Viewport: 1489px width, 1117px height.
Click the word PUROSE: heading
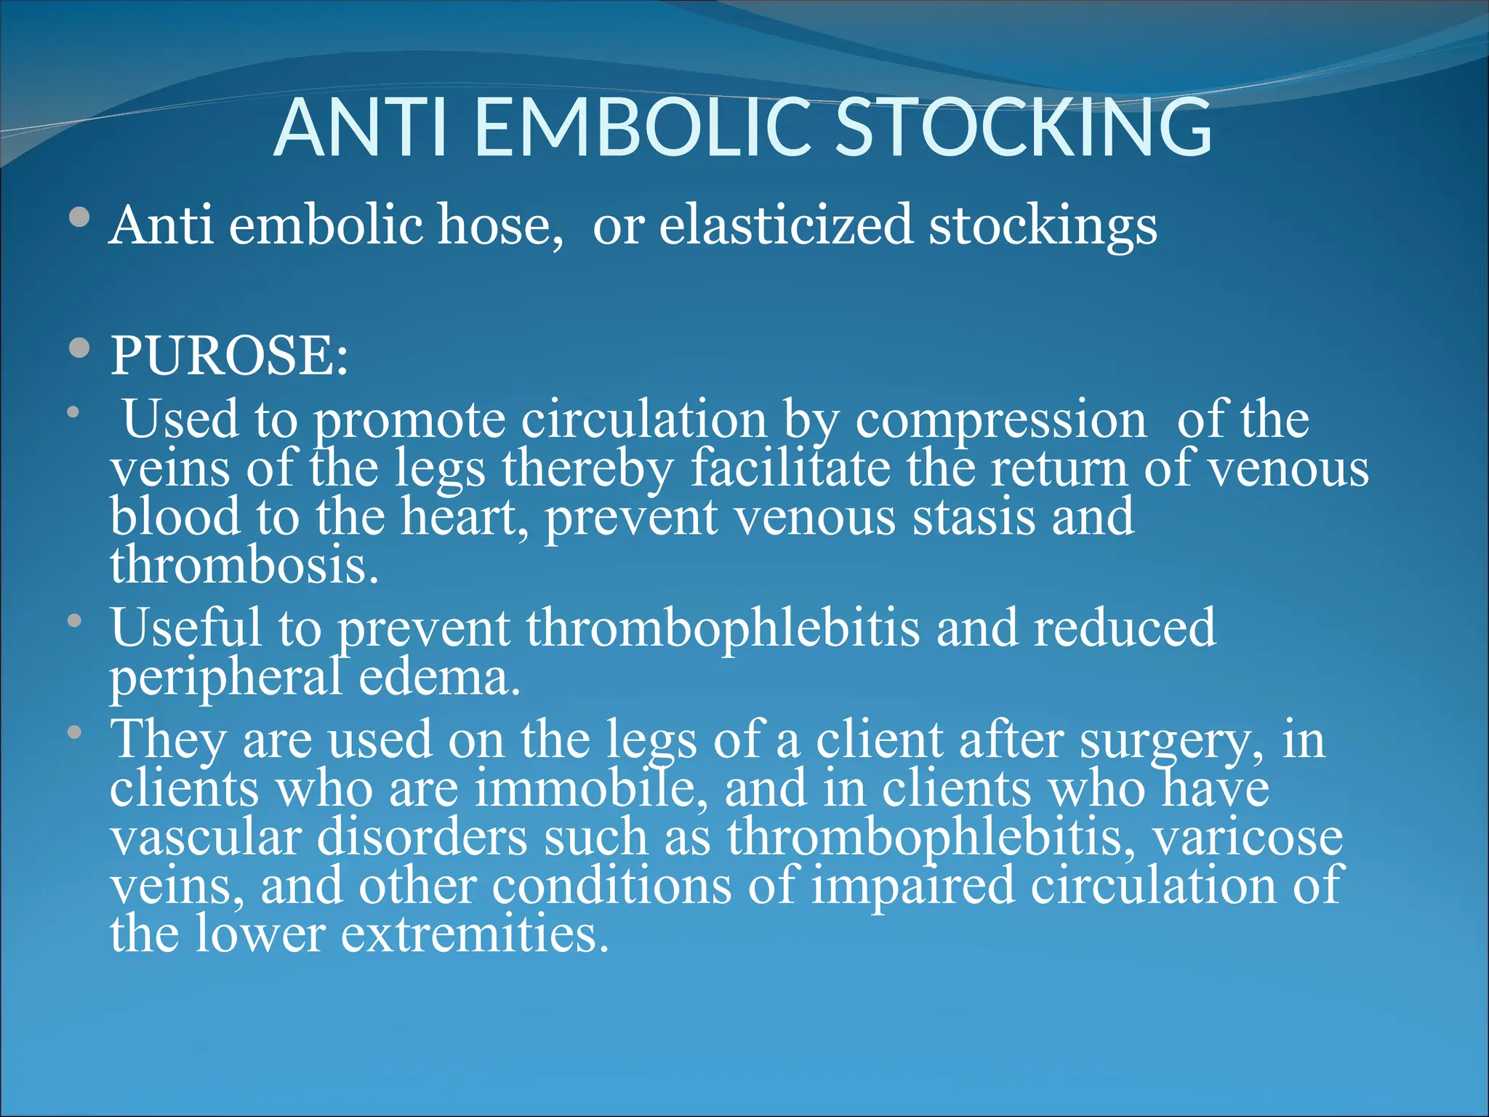pos(229,356)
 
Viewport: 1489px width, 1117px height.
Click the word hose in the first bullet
pos(499,225)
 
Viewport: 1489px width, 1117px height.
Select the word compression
pos(1000,421)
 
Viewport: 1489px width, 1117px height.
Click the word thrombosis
pos(244,565)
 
